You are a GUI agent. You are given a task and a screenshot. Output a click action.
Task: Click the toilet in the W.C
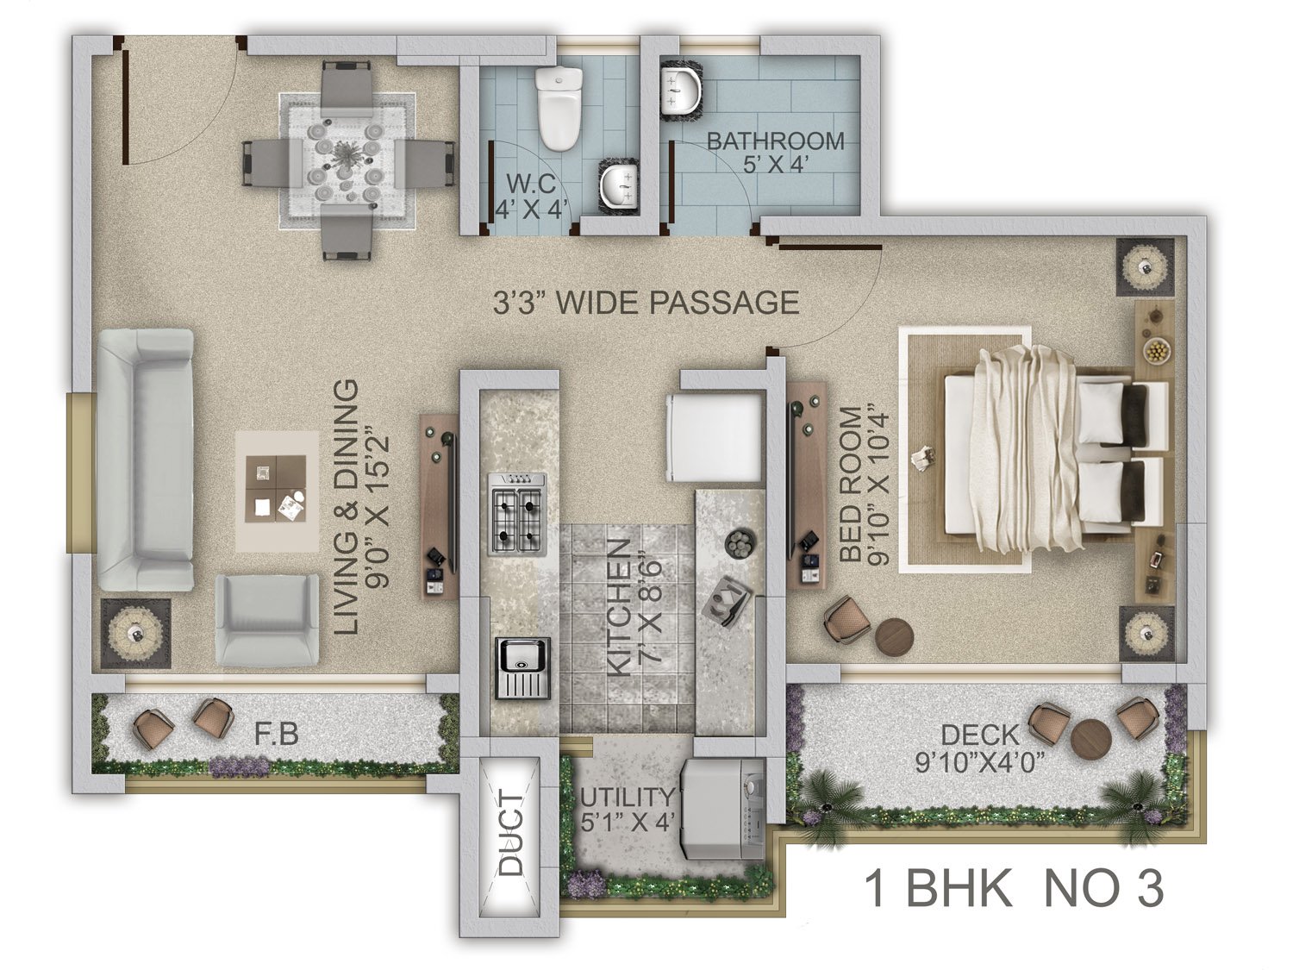click(559, 108)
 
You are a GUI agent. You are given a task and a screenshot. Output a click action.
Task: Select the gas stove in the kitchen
click(516, 514)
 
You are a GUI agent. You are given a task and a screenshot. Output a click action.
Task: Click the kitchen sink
click(522, 667)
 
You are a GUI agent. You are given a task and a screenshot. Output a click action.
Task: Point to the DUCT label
click(510, 833)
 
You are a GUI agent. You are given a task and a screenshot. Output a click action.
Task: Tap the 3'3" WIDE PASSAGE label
click(646, 302)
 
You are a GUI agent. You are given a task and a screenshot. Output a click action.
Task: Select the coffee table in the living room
click(277, 491)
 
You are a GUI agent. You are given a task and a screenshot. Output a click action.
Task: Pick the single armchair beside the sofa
click(266, 620)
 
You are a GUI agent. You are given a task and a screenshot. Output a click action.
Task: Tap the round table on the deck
click(1090, 737)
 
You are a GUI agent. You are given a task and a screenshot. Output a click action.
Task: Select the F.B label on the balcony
click(277, 735)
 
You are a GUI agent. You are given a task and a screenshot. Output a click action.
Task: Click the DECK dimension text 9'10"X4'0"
click(980, 763)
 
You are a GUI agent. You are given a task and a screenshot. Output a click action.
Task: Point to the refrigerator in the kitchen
click(715, 438)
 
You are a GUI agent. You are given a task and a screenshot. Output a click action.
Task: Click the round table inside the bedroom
click(894, 636)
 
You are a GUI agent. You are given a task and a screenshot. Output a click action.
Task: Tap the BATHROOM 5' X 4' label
click(775, 152)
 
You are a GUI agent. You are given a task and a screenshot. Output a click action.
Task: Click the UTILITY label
click(627, 797)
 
